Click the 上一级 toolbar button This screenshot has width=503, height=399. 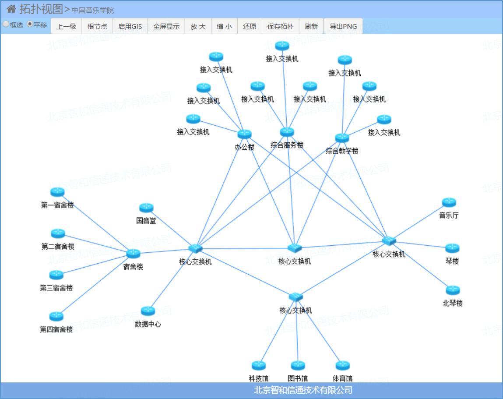(x=67, y=26)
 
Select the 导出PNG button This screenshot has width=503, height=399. (x=343, y=26)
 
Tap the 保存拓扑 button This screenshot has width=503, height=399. (x=280, y=26)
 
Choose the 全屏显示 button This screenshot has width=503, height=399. (x=166, y=26)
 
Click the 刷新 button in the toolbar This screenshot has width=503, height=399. (x=311, y=26)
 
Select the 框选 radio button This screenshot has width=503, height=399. (x=6, y=25)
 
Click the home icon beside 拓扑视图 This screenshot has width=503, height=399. (x=11, y=9)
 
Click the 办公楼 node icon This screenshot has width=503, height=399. (x=244, y=134)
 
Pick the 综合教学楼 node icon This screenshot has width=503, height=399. (x=342, y=138)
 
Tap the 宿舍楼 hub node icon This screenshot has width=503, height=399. (x=133, y=253)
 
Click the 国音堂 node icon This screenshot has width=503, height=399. (x=146, y=208)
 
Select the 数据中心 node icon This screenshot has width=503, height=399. (x=148, y=311)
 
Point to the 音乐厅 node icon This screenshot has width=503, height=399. (x=449, y=202)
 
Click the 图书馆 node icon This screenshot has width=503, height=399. (x=298, y=365)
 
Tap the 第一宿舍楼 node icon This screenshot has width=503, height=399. (x=57, y=192)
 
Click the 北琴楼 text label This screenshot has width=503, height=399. (x=453, y=303)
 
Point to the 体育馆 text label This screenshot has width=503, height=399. (x=342, y=378)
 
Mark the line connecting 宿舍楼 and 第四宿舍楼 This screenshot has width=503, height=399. (x=95, y=284)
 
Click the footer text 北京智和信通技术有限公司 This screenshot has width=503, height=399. (x=303, y=390)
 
